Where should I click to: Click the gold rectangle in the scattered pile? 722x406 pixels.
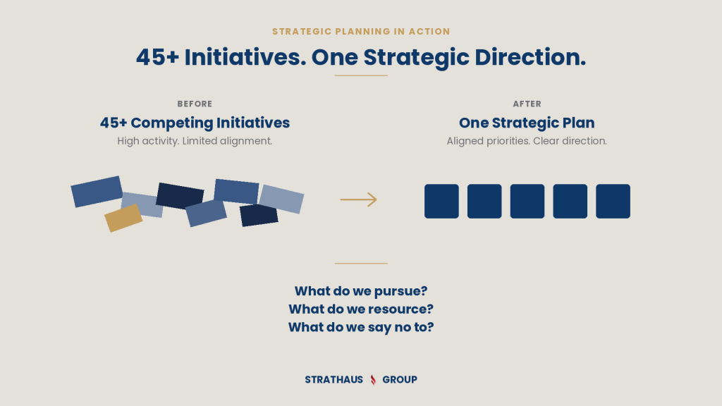[123, 218]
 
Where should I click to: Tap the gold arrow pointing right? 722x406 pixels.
[359, 199]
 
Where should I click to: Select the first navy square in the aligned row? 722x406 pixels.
[441, 201]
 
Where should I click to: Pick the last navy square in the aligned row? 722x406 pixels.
[613, 201]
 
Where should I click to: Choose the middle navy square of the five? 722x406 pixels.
[527, 201]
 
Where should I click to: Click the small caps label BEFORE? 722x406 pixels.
[195, 104]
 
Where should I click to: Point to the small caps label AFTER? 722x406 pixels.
[527, 104]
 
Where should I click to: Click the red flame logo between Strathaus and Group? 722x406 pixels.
[373, 380]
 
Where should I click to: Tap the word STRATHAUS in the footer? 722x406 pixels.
[334, 380]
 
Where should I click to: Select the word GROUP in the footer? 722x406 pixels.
[400, 380]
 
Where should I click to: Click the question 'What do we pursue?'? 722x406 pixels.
[361, 291]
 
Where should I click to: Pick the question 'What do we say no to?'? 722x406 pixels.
[361, 327]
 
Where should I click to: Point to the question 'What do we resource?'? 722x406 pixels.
[361, 309]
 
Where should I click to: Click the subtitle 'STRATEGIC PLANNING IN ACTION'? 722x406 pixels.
[361, 31]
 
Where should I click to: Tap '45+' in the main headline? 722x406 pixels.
[157, 58]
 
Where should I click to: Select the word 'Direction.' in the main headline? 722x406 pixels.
[530, 58]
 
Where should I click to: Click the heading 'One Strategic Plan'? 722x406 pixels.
[527, 123]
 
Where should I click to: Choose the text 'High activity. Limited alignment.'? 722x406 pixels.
[195, 141]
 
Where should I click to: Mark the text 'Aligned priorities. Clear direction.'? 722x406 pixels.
[527, 141]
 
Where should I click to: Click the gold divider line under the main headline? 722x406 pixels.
[361, 75]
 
